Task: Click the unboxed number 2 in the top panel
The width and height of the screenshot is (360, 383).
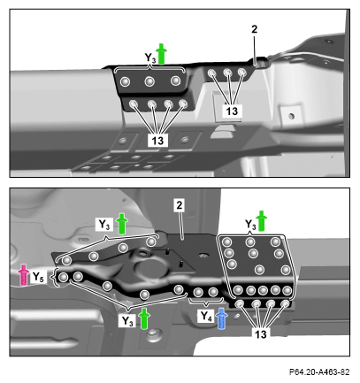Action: point(254,29)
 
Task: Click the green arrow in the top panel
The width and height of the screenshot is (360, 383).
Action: point(161,54)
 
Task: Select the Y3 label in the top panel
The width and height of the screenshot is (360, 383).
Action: point(150,57)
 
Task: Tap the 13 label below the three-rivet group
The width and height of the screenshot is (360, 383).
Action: point(232,111)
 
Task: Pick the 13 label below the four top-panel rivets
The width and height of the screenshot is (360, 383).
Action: point(157,141)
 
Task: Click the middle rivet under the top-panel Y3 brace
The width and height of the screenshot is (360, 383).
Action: point(149,81)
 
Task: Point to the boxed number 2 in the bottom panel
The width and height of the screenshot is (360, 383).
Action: point(180,205)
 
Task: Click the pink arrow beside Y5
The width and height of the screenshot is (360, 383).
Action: point(23,275)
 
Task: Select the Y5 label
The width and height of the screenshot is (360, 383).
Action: point(38,277)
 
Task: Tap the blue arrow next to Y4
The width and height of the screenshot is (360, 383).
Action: point(221,318)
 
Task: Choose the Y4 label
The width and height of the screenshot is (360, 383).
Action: point(206,317)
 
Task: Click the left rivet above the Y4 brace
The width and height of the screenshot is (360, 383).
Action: point(198,292)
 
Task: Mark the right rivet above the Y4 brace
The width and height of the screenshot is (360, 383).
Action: point(213,292)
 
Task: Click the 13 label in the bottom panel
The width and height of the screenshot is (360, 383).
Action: point(261,334)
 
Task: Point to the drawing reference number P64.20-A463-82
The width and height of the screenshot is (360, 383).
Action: point(319,372)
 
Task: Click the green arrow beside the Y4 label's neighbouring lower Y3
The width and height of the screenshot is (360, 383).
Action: point(144,318)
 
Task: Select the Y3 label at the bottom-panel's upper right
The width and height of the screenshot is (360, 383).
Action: point(250,225)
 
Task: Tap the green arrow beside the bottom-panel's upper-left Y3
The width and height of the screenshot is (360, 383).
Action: point(121,224)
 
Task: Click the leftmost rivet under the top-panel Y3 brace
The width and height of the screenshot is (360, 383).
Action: point(125,81)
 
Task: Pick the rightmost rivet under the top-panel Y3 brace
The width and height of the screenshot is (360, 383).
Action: point(176,80)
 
